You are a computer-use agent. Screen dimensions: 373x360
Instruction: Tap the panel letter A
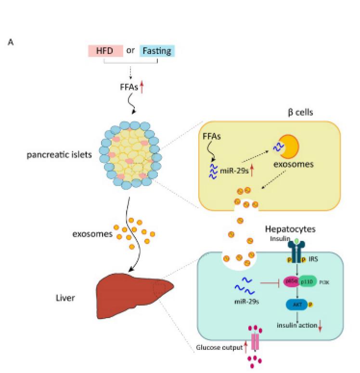(x=11, y=42)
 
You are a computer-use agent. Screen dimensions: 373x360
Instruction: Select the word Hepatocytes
(x=293, y=230)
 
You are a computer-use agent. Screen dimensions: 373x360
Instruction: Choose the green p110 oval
(x=308, y=281)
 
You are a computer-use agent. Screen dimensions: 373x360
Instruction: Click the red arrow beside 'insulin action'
(x=320, y=326)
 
